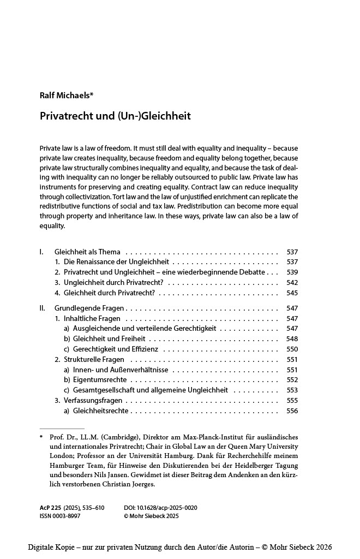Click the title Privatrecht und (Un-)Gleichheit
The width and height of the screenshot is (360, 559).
(x=115, y=116)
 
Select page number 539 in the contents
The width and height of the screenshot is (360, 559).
(x=292, y=272)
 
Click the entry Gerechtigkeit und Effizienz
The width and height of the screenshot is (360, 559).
(x=116, y=349)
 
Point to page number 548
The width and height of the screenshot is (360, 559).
(x=292, y=339)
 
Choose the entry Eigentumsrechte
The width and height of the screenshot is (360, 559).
(x=100, y=380)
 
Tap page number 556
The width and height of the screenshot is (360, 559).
(x=292, y=411)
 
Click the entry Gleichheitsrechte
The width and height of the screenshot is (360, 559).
(x=101, y=411)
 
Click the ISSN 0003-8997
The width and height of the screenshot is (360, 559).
(x=60, y=516)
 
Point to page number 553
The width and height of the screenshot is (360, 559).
(x=292, y=390)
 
